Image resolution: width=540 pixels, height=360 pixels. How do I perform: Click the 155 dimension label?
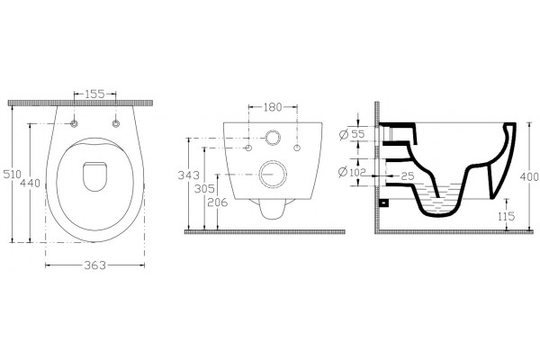[94, 94]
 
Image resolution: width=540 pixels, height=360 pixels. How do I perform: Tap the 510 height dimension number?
[13, 174]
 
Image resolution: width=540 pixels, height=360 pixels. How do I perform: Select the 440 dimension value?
[30, 183]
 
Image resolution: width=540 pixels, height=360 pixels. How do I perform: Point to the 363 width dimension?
[95, 265]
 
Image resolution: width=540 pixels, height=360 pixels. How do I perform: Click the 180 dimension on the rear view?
[273, 107]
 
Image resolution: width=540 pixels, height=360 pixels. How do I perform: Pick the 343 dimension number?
[188, 175]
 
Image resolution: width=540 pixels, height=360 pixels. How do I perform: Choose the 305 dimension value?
[204, 189]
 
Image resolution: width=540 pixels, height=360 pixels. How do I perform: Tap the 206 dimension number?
[217, 202]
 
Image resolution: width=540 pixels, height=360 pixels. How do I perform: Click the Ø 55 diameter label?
[352, 134]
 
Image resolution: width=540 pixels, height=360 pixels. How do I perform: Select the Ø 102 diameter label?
[352, 172]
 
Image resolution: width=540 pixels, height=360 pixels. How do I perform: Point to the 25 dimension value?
[408, 176]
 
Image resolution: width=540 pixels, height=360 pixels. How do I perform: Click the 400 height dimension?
[529, 176]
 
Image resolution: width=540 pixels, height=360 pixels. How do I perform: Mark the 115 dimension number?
[506, 216]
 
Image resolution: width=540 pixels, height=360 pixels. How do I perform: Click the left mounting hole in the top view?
[74, 123]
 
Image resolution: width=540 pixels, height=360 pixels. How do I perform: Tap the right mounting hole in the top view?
[116, 123]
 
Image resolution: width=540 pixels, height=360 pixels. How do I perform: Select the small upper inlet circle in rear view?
[273, 138]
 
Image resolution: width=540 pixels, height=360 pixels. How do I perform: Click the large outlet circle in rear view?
[273, 175]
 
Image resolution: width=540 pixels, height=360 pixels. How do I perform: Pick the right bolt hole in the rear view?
[297, 148]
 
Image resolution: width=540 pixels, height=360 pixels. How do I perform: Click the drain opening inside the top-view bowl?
[95, 176]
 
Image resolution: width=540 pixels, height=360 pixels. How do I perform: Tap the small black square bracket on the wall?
[384, 202]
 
